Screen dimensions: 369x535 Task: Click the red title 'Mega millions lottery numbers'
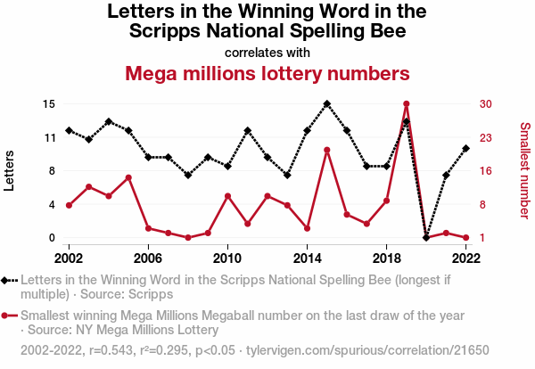(267, 72)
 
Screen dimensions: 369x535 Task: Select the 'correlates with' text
(267, 52)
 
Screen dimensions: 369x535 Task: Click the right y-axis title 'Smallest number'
(524, 170)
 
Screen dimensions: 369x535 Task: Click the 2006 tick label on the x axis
(148, 258)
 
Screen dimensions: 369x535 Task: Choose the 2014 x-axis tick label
(307, 258)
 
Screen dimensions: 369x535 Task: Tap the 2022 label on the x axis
(465, 258)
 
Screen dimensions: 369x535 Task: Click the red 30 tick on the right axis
(485, 103)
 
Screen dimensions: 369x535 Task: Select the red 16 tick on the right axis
(485, 171)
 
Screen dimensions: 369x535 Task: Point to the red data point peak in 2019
(406, 104)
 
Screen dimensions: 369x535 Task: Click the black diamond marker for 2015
(326, 103)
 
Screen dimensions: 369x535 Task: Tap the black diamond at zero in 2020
(426, 238)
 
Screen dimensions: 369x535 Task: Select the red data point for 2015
(326, 150)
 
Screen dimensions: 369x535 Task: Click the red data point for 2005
(128, 177)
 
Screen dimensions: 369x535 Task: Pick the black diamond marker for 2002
(69, 130)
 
